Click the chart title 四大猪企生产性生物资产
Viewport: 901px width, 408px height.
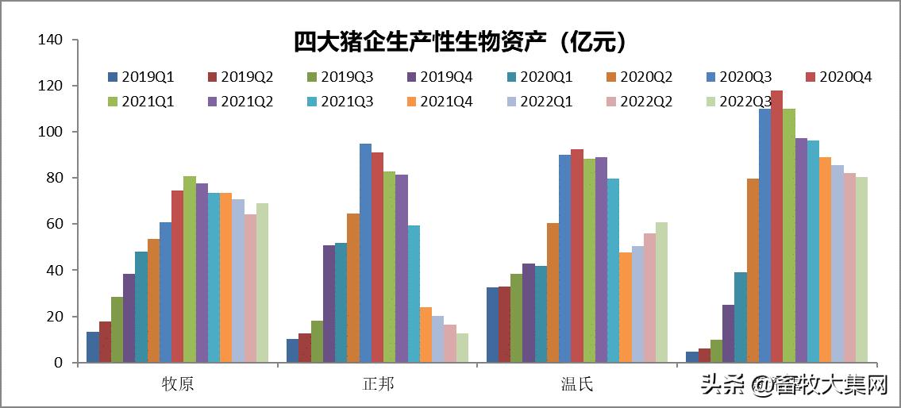coord(460,40)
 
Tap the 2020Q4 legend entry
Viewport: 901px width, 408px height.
coord(838,77)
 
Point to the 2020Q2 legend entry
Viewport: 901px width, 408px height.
coord(639,77)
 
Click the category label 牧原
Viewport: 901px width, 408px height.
coord(177,385)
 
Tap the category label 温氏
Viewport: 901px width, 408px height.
coord(576,385)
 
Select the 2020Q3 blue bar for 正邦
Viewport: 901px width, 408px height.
coord(365,253)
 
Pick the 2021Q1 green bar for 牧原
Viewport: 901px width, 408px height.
coord(190,269)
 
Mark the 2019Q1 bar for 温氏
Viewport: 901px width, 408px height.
coord(492,325)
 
